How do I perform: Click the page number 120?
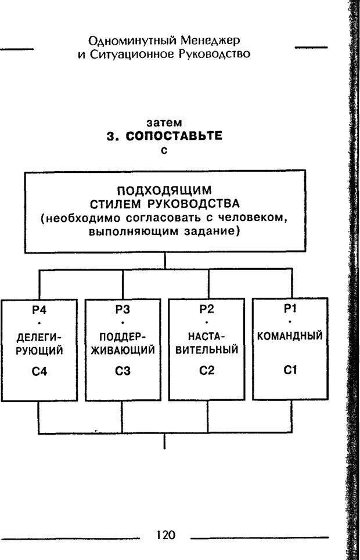click(x=165, y=535)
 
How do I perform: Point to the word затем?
click(x=164, y=124)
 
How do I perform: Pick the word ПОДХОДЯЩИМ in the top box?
click(x=165, y=190)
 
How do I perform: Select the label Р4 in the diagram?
click(x=39, y=310)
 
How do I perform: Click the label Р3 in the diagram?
click(x=123, y=310)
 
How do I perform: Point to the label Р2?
click(x=206, y=310)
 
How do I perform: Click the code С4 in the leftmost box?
click(x=39, y=372)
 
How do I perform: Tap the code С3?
click(x=123, y=372)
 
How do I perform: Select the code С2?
click(x=206, y=372)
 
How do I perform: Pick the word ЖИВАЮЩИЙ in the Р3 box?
click(x=123, y=351)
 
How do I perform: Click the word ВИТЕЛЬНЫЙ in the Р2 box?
click(x=206, y=351)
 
